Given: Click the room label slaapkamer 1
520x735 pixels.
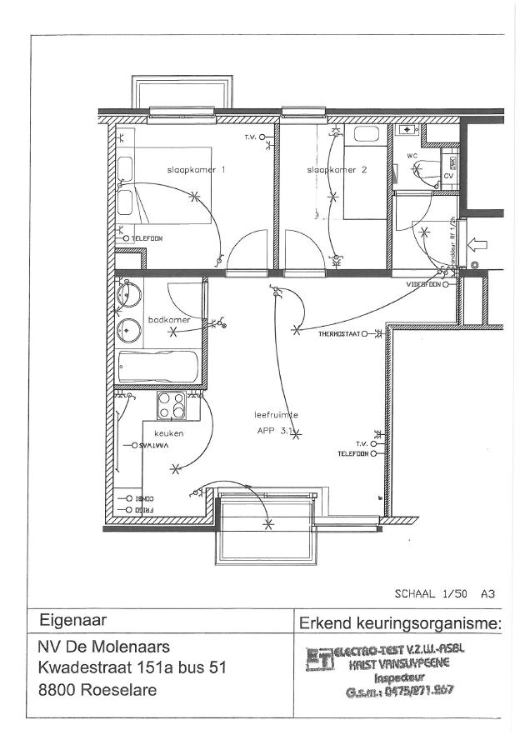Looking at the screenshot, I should point(192,169).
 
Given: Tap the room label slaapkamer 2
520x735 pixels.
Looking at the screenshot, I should point(336,169).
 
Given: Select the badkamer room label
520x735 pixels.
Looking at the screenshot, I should point(169,319).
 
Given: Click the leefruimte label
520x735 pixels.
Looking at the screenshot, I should point(276,414).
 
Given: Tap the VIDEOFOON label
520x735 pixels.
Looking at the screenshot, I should point(423,284).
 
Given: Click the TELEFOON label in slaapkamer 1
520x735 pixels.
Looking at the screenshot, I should point(147,238).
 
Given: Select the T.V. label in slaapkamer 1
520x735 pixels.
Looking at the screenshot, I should point(249,136).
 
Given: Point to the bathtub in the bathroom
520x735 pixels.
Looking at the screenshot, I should point(158,366).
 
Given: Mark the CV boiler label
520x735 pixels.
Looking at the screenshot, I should point(447,176).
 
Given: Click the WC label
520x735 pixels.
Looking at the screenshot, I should point(412,156).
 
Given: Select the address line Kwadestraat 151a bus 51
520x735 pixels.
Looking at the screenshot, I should point(132,667).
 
